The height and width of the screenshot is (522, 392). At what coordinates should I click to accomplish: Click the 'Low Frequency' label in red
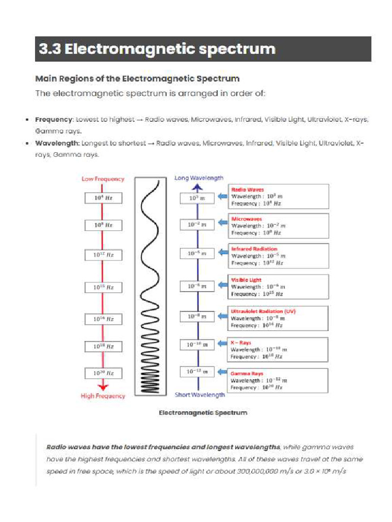pyautogui.click(x=103, y=179)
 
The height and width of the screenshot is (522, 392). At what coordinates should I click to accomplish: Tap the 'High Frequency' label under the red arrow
pyautogui.click(x=103, y=396)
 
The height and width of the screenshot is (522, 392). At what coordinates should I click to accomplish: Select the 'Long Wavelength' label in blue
pyautogui.click(x=199, y=178)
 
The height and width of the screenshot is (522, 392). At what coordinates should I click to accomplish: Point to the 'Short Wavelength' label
pyautogui.click(x=200, y=395)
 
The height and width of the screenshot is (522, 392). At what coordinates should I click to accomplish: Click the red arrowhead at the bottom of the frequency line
pyautogui.click(x=103, y=387)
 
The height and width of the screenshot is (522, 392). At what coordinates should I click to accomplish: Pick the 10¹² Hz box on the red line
pyautogui.click(x=103, y=255)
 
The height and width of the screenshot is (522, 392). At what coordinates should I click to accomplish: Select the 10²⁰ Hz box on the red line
pyautogui.click(x=103, y=373)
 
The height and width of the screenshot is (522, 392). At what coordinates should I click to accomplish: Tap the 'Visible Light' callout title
pyautogui.click(x=247, y=280)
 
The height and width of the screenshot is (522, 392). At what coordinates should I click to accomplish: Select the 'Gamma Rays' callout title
pyautogui.click(x=247, y=374)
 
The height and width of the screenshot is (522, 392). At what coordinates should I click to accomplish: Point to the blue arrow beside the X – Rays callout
pyautogui.click(x=222, y=344)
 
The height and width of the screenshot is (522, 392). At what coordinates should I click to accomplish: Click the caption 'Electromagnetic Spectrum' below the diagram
pyautogui.click(x=203, y=413)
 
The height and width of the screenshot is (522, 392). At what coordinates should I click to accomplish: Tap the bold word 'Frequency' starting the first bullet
pyautogui.click(x=54, y=119)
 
